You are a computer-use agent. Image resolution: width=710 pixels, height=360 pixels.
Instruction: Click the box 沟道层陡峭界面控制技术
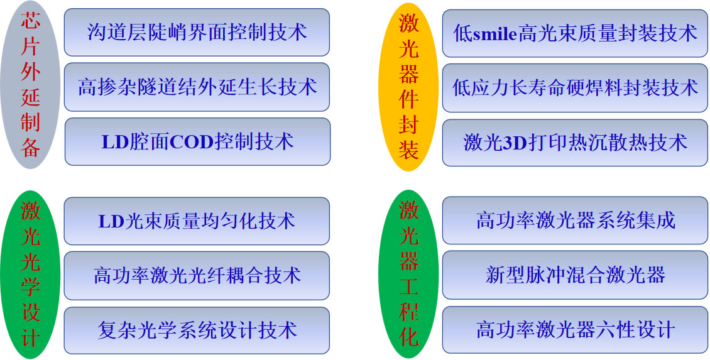click(197, 32)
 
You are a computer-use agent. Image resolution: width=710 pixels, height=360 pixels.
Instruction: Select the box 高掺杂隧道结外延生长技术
click(197, 87)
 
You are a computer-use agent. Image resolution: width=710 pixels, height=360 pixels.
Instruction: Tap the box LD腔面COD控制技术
click(197, 142)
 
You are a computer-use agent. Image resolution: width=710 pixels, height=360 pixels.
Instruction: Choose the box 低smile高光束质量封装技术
click(575, 33)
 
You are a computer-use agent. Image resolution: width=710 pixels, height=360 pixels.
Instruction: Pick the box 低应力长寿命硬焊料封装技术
click(575, 88)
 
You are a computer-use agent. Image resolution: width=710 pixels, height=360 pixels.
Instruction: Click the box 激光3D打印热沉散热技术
click(575, 143)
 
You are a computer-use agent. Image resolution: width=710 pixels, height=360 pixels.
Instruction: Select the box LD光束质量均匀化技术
click(197, 221)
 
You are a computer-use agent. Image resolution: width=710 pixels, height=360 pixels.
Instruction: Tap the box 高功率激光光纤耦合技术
click(197, 276)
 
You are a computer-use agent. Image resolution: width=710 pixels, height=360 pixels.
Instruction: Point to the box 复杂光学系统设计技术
click(197, 330)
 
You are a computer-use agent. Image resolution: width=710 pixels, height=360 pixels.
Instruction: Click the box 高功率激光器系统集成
click(575, 220)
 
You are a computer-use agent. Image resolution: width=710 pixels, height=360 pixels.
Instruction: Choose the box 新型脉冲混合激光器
click(575, 275)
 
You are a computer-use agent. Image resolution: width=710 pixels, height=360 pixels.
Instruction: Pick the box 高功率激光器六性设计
click(575, 329)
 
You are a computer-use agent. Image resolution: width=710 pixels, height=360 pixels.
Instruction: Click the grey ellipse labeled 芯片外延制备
click(30, 85)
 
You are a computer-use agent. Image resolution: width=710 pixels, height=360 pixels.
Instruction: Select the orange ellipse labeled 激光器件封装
click(408, 87)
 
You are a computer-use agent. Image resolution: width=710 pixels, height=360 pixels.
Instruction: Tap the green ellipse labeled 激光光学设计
click(30, 275)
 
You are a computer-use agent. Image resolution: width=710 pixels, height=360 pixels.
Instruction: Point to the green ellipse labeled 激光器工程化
click(408, 275)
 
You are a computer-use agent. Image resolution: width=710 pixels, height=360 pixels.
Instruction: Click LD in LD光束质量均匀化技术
click(111, 221)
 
